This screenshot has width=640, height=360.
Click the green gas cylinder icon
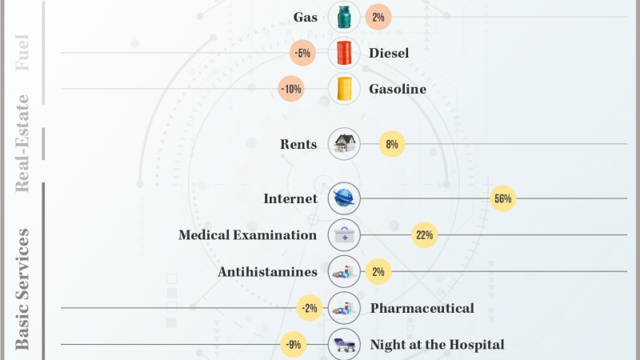click(344, 16)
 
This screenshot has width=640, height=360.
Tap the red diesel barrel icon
click(344, 54)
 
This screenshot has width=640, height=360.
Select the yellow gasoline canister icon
click(344, 89)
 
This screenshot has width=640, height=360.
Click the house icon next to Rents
click(344, 144)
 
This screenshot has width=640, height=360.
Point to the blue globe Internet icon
click(344, 198)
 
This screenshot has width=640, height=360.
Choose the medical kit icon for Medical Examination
click(344, 235)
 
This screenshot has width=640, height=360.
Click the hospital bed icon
click(344, 345)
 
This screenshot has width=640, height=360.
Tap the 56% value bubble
click(503, 198)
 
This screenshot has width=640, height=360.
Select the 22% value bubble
click(424, 235)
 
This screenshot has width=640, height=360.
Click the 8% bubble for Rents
click(392, 144)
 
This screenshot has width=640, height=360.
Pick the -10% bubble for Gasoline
click(291, 89)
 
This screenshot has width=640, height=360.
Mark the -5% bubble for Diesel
click(302, 54)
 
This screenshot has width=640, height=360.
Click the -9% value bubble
click(294, 345)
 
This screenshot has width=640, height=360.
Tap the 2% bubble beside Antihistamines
click(378, 272)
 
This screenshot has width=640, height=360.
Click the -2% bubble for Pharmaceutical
click(308, 308)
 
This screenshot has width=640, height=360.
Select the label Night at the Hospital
click(437, 345)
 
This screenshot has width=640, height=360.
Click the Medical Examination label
click(248, 235)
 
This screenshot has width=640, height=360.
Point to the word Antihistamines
click(267, 272)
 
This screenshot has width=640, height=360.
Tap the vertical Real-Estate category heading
click(23, 143)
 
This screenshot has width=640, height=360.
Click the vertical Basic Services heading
click(23, 288)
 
